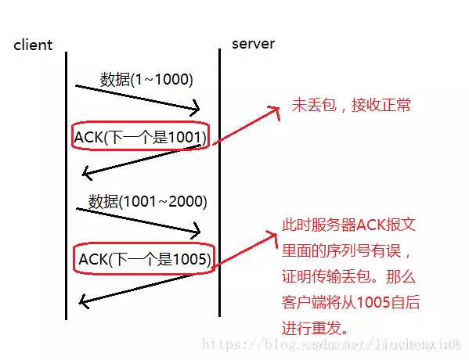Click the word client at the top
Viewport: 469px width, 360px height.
click(33, 45)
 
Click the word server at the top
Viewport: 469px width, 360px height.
click(253, 43)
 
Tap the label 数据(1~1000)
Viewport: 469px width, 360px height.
click(146, 79)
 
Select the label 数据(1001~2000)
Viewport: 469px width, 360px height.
click(147, 201)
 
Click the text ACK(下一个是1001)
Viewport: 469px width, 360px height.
click(140, 138)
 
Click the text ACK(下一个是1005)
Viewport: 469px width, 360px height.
click(145, 259)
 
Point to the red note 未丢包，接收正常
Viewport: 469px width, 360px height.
click(351, 105)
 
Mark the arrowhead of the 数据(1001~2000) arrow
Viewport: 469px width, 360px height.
click(197, 231)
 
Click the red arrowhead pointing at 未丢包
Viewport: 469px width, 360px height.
click(276, 112)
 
